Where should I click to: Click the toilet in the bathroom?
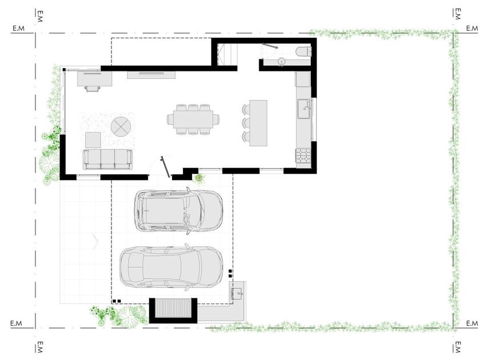[303, 51]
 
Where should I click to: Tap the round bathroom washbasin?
[282, 62]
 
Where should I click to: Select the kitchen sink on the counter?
[304, 109]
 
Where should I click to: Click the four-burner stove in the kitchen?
[303, 155]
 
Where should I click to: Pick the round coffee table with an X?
[121, 126]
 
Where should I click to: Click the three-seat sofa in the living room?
[108, 159]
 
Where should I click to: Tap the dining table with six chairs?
[193, 119]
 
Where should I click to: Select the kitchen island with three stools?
[255, 123]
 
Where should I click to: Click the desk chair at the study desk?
[93, 89]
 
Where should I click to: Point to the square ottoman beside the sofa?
[93, 140]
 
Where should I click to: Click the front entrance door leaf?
[165, 167]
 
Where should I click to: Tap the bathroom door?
[270, 46]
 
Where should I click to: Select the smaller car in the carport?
[178, 211]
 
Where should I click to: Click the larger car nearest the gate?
[171, 267]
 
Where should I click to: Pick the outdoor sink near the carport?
[237, 294]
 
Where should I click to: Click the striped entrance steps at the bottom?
[173, 308]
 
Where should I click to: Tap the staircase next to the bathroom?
[227, 54]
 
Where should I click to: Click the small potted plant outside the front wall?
[199, 178]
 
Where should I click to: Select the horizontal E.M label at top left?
[18, 29]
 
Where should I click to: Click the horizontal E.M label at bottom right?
[472, 323]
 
